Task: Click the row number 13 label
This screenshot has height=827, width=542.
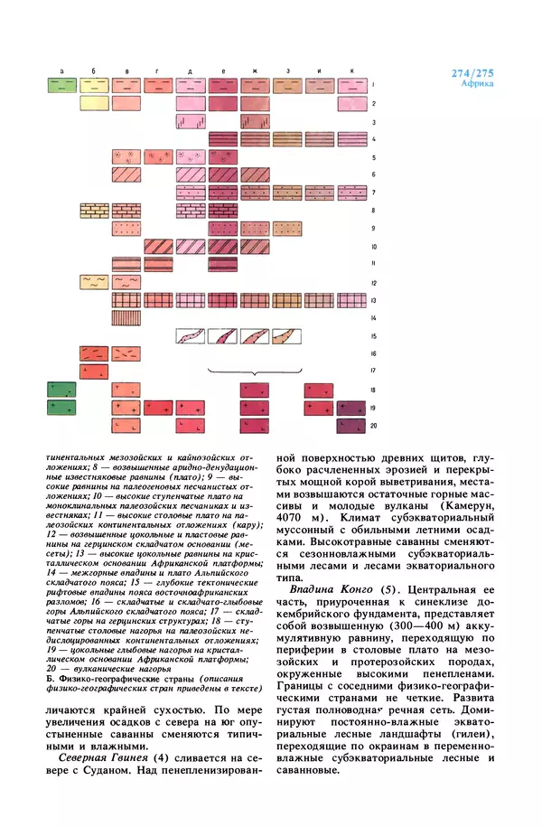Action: pyautogui.click(x=374, y=299)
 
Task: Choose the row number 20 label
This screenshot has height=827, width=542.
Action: pyautogui.click(x=374, y=425)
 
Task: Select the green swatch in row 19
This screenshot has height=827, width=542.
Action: pyautogui.click(x=61, y=408)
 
